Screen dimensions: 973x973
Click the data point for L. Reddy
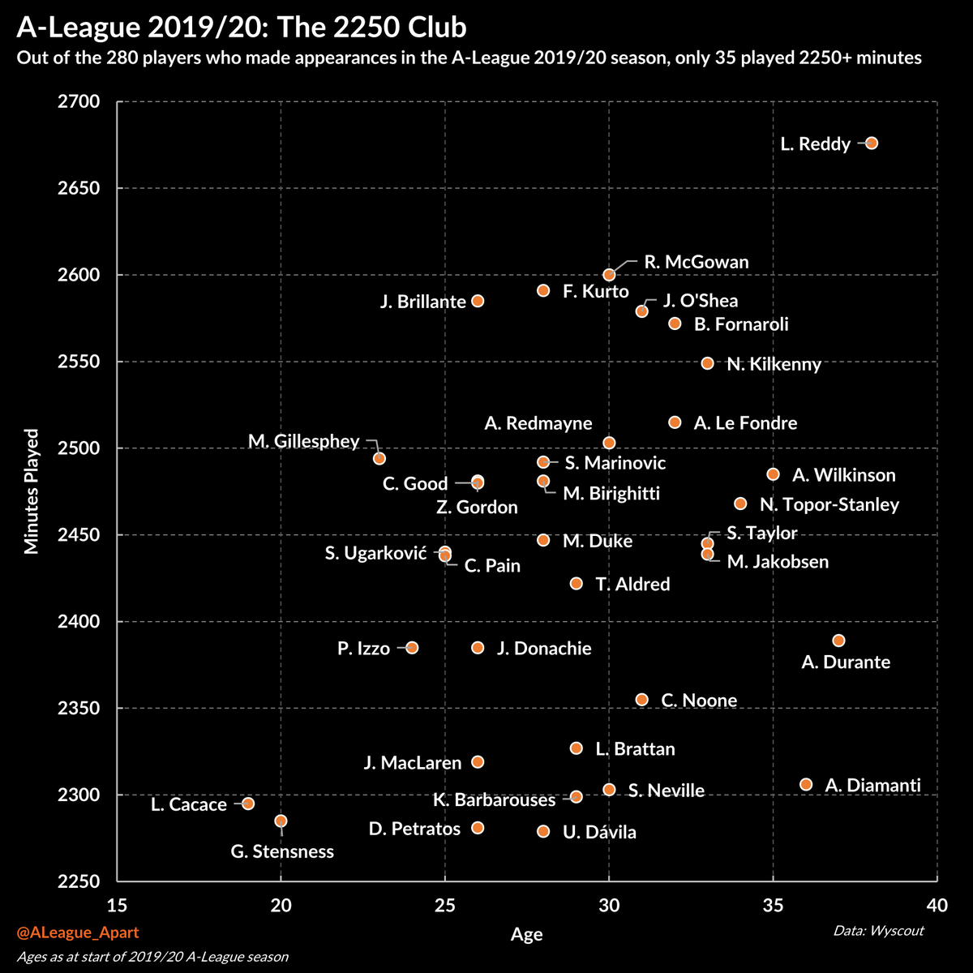(872, 143)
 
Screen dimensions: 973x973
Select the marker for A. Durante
(838, 641)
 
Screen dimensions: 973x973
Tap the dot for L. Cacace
(248, 804)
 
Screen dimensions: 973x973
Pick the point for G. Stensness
(281, 821)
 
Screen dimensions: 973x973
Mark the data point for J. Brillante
(478, 301)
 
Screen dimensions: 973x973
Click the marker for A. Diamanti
(806, 784)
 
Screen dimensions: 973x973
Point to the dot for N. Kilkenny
(707, 363)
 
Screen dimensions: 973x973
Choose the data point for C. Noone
(641, 699)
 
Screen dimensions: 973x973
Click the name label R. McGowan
(696, 263)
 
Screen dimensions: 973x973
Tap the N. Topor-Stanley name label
(829, 505)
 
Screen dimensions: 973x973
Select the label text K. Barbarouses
(494, 800)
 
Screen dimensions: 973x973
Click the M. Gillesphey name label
(303, 441)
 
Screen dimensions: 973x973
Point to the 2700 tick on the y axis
(78, 102)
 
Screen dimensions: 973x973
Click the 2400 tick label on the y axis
(78, 622)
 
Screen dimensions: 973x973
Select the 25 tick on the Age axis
(444, 904)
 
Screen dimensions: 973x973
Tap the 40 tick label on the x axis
(937, 904)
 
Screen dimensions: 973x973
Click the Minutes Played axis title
(32, 491)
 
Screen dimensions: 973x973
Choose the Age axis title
(526, 934)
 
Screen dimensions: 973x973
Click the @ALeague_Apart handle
(77, 933)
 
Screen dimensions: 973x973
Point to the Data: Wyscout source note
(878, 930)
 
